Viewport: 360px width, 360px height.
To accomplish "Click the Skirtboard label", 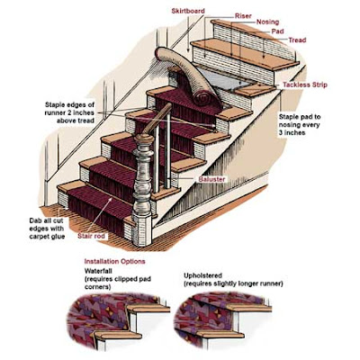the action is [x=188, y=11].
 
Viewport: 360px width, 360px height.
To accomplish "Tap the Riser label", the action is [x=243, y=16].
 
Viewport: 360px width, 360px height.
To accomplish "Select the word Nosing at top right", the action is [x=267, y=22].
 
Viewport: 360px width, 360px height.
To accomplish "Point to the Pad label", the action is [x=277, y=31].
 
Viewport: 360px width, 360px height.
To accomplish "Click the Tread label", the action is [x=297, y=40].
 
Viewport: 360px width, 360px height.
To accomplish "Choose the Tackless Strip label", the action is [x=305, y=85].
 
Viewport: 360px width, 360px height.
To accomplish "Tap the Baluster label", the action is [x=211, y=179].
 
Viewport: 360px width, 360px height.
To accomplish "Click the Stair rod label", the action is [x=92, y=236].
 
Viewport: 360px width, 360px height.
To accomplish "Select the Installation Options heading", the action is [x=114, y=261].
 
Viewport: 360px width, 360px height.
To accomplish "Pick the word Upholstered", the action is [x=202, y=275].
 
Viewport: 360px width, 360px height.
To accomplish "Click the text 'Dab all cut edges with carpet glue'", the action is [x=47, y=229].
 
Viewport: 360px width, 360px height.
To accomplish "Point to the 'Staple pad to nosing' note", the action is [x=300, y=124].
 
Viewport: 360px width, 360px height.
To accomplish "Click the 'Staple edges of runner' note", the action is [x=69, y=112].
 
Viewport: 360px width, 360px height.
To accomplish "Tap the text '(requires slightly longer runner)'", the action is [x=233, y=283].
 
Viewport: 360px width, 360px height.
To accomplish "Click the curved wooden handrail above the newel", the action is [x=157, y=118].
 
